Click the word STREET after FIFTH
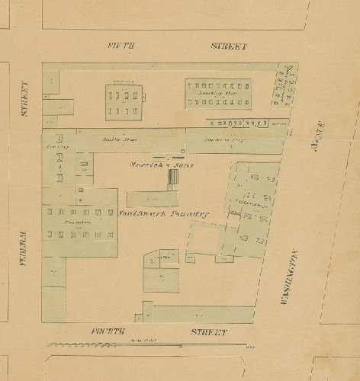click(x=229, y=46)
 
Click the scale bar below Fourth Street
click(x=149, y=346)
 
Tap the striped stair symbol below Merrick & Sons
click(x=174, y=178)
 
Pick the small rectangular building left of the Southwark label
click(x=153, y=198)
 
